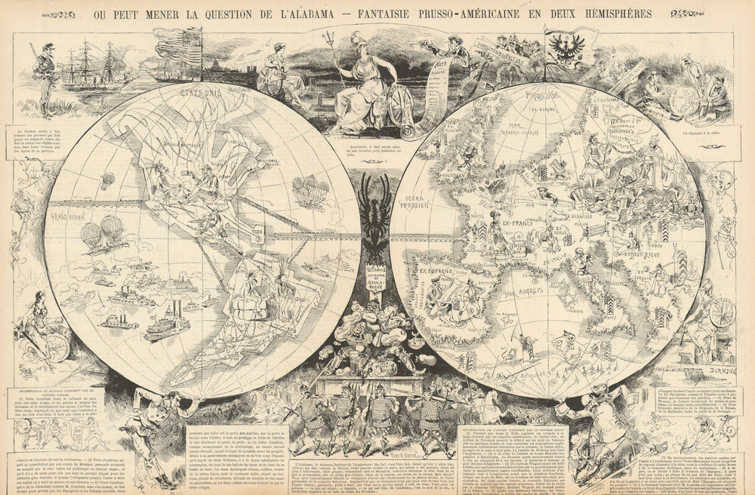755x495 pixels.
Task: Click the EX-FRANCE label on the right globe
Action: (510, 224)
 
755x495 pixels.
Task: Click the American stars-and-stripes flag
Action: (179, 48)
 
